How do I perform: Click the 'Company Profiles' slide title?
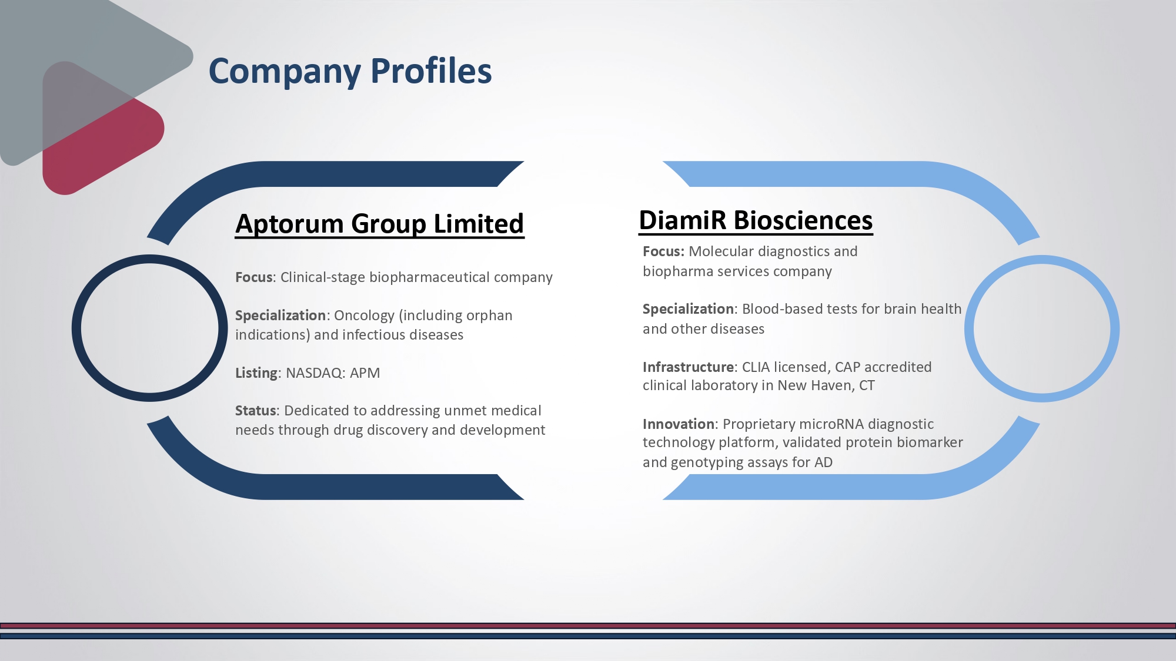pyautogui.click(x=350, y=72)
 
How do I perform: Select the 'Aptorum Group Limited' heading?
pyautogui.click(x=379, y=224)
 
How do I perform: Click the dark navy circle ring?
pyautogui.click(x=76, y=328)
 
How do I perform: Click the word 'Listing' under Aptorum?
pyautogui.click(x=256, y=373)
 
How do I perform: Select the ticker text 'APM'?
pyautogui.click(x=365, y=373)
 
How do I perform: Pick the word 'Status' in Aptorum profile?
pyautogui.click(x=255, y=411)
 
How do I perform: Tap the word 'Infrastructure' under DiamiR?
pyautogui.click(x=688, y=367)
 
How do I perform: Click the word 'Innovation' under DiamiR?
pyautogui.click(x=679, y=424)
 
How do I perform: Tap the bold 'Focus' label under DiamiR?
pyautogui.click(x=663, y=251)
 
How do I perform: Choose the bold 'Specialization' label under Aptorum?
pyautogui.click(x=280, y=316)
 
